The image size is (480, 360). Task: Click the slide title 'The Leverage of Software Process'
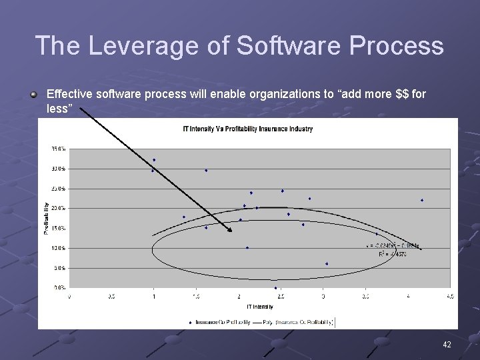tap(239, 46)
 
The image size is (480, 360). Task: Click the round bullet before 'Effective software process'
tap(33, 94)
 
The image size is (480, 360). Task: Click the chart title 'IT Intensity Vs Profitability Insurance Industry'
tap(247, 129)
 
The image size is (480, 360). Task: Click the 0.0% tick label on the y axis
tap(59, 288)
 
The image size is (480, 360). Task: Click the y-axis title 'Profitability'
tap(46, 219)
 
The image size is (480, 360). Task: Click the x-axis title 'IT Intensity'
tap(259, 307)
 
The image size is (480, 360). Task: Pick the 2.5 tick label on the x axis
tap(281, 296)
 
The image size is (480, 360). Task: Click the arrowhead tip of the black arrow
tap(231, 231)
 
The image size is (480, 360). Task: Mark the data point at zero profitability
tap(275, 288)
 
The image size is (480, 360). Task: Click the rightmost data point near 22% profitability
tap(422, 200)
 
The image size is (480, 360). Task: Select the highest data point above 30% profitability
tap(154, 160)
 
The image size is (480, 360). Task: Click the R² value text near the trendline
tap(394, 254)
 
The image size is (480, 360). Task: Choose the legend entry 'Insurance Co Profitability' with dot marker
tap(219, 323)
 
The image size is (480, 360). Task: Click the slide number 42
tap(447, 345)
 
